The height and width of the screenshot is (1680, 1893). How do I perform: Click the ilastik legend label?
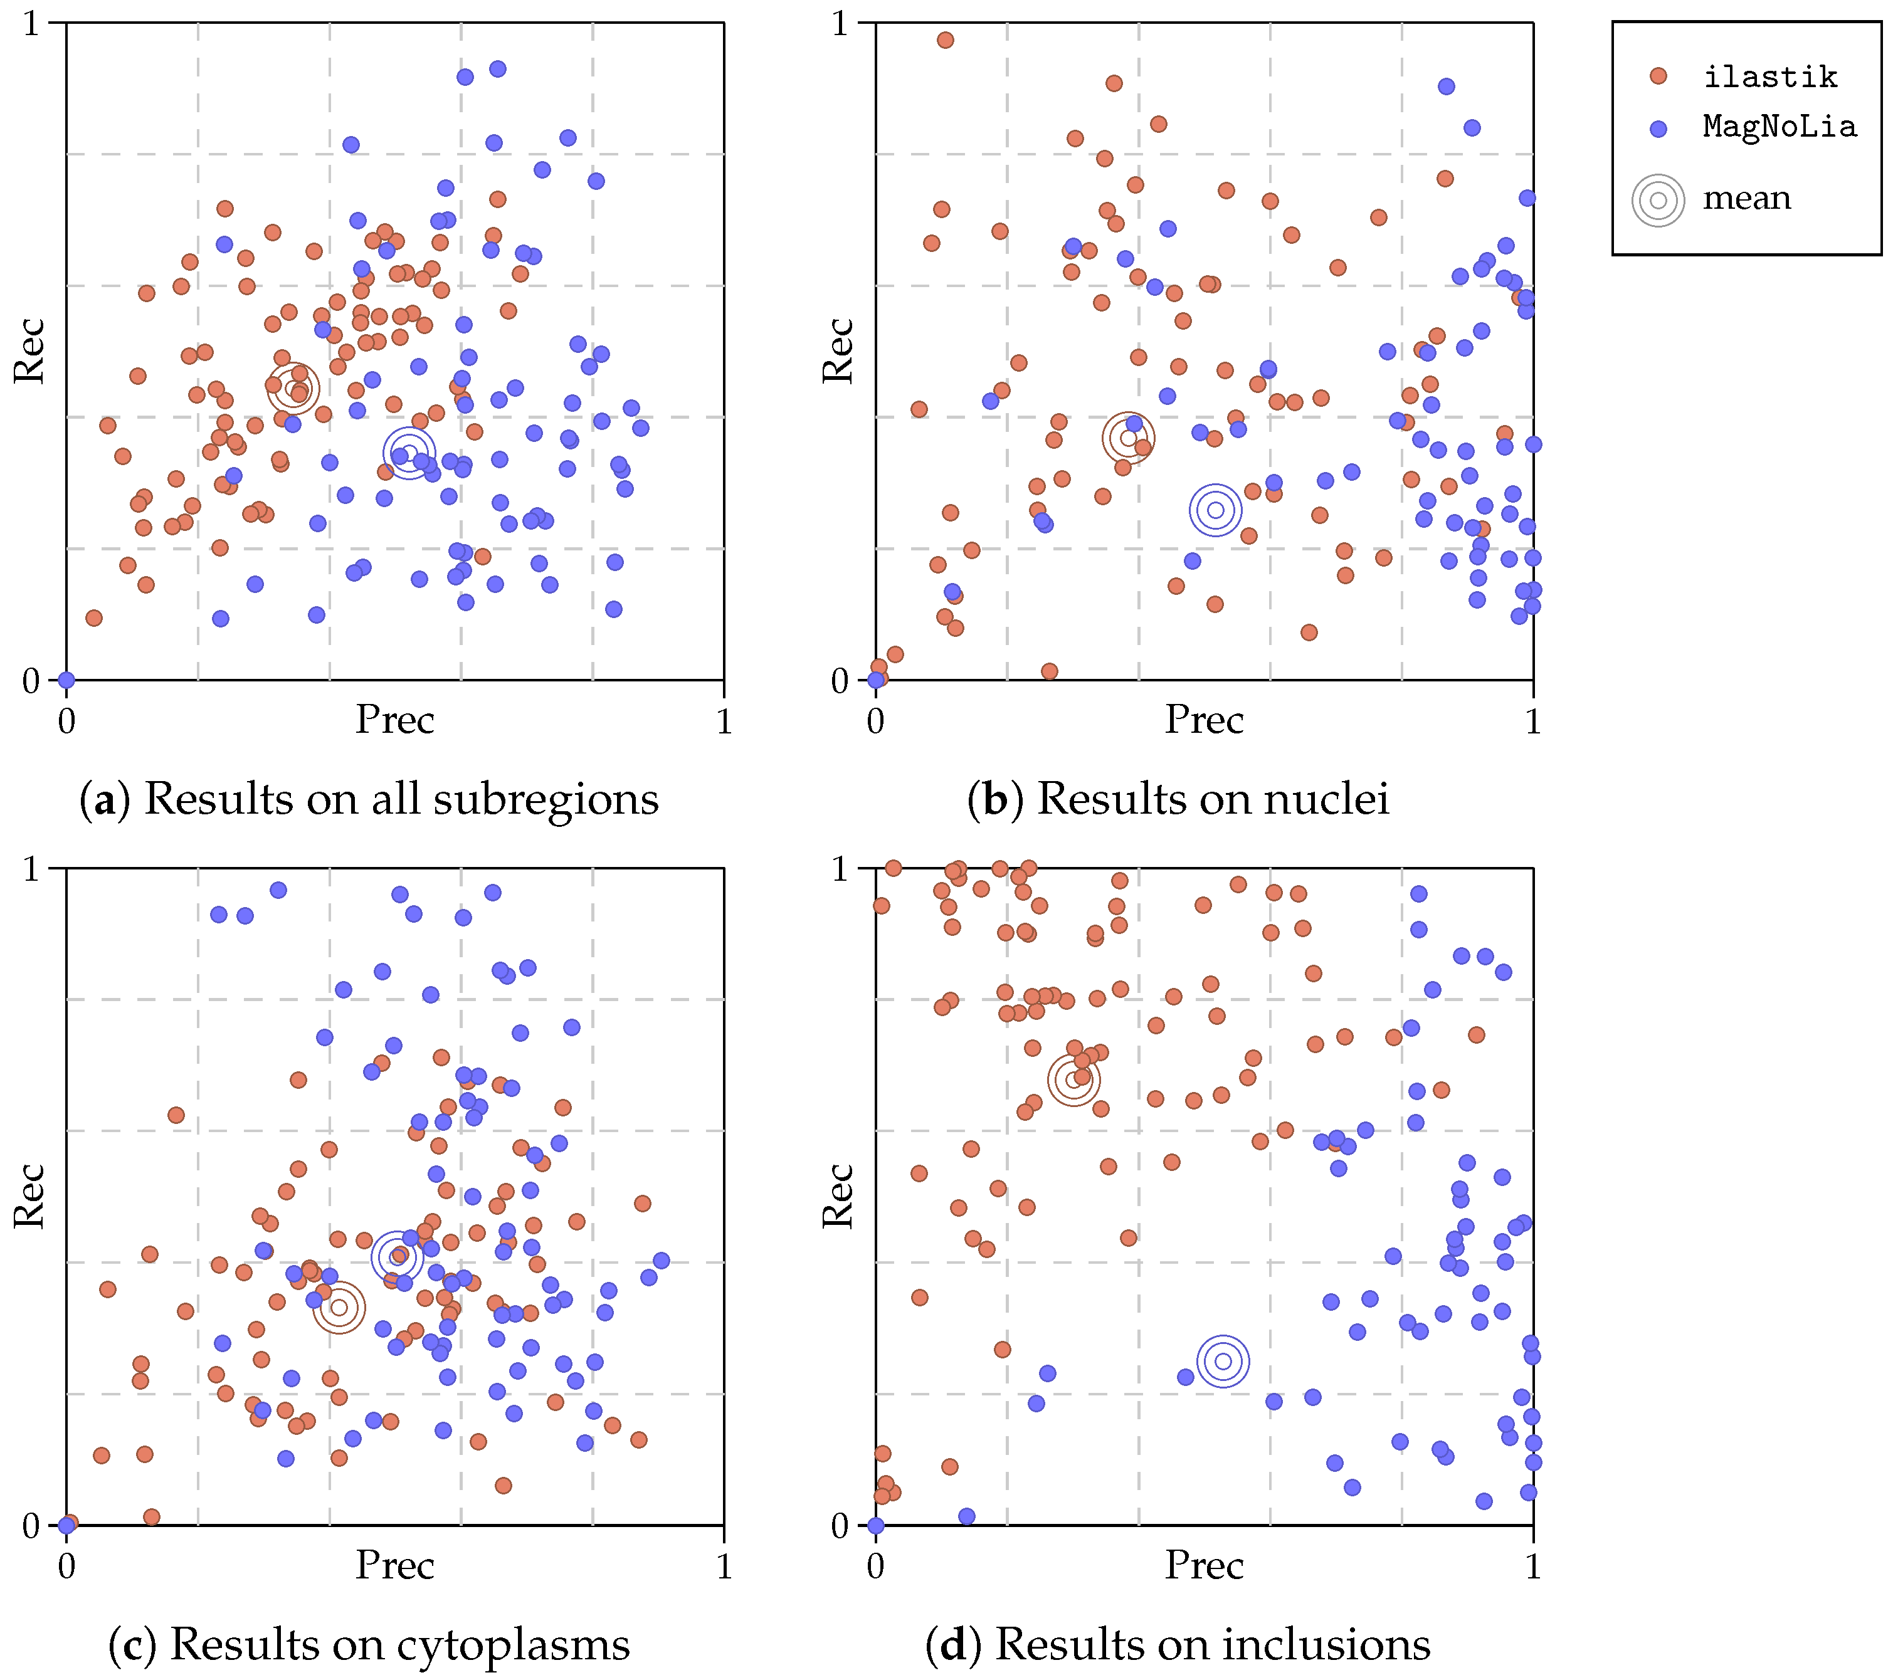pyautogui.click(x=1770, y=77)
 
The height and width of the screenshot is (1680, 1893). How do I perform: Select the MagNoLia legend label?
pyautogui.click(x=1779, y=127)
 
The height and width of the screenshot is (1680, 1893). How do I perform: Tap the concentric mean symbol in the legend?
pyautogui.click(x=1658, y=200)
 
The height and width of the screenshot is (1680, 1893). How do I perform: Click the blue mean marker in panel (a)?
pyautogui.click(x=409, y=453)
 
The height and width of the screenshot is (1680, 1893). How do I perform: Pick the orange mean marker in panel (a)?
pyautogui.click(x=293, y=387)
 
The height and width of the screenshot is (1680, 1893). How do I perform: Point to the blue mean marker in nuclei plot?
pyautogui.click(x=1215, y=510)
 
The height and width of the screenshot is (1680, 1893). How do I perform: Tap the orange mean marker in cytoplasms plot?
pyautogui.click(x=339, y=1307)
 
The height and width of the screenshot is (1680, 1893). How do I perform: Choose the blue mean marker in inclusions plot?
pyautogui.click(x=1223, y=1360)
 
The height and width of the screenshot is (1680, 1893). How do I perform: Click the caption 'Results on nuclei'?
pyautogui.click(x=1212, y=799)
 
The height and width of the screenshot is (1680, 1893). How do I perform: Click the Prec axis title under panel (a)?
pyautogui.click(x=394, y=720)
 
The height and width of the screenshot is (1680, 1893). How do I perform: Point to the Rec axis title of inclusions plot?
pyautogui.click(x=838, y=1197)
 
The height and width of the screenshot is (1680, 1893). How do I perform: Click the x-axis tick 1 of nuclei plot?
pyautogui.click(x=1532, y=722)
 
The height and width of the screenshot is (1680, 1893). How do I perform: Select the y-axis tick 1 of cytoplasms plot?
pyautogui.click(x=33, y=869)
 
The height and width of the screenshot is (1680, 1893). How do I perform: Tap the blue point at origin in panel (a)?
pyautogui.click(x=66, y=680)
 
